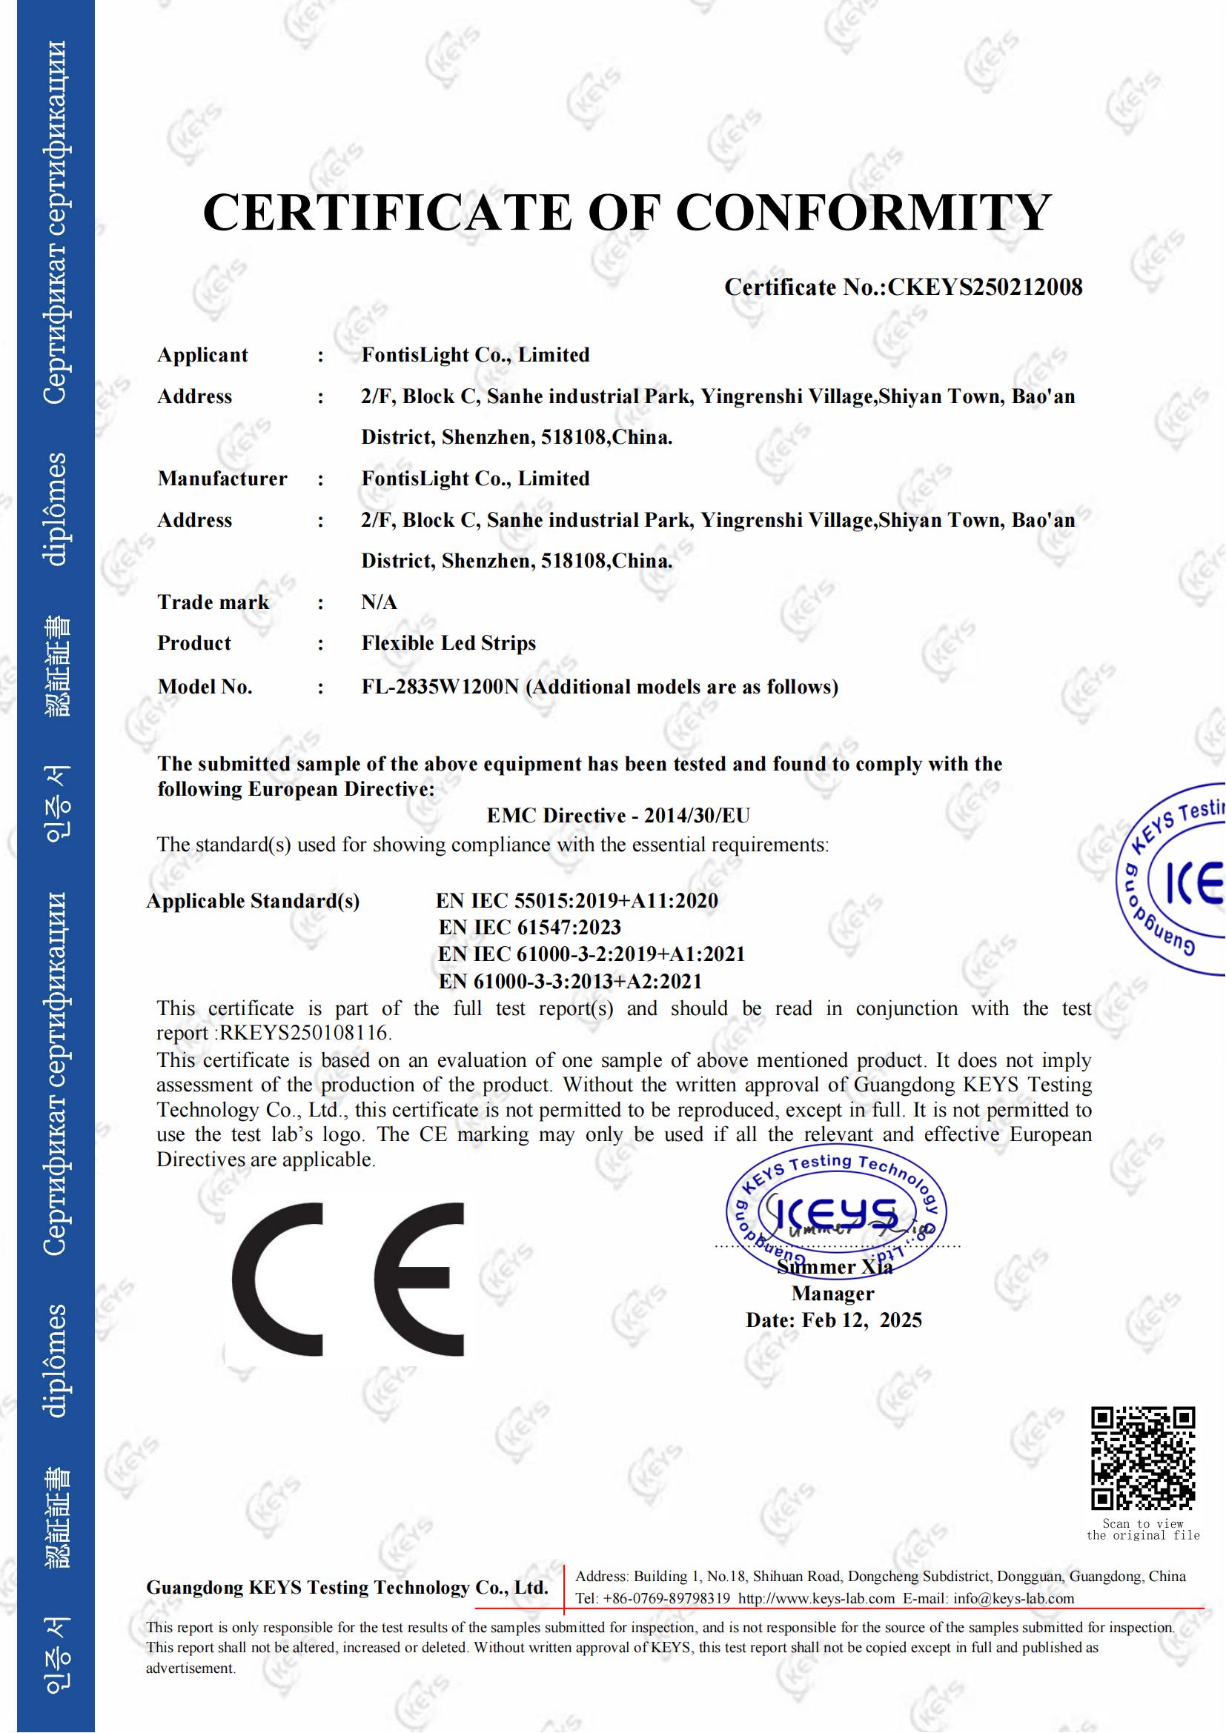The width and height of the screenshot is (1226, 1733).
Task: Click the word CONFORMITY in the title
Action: [x=863, y=212]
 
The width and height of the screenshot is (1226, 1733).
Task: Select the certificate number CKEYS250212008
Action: [x=985, y=287]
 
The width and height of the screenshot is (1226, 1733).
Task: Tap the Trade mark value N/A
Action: [x=379, y=602]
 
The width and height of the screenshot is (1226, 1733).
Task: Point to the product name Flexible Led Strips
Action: [x=448, y=643]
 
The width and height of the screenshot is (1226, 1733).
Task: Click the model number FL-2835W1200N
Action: [x=440, y=687]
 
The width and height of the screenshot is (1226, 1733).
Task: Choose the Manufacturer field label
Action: [x=222, y=479]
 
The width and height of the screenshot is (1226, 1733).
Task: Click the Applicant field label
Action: [x=202, y=355]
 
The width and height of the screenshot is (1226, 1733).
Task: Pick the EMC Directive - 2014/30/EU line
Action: [x=618, y=815]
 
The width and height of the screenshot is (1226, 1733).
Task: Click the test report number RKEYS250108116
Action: [x=303, y=1033]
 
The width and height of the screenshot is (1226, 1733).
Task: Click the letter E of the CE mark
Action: [x=419, y=1279]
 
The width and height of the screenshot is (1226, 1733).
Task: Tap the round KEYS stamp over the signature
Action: [x=835, y=1214]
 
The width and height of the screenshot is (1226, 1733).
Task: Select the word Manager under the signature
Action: [x=832, y=1294]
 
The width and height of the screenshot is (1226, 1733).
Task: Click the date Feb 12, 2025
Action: [x=861, y=1320]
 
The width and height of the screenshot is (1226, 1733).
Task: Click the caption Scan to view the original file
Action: [x=1142, y=1529]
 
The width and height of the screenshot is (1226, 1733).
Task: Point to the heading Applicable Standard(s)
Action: [x=253, y=901]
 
